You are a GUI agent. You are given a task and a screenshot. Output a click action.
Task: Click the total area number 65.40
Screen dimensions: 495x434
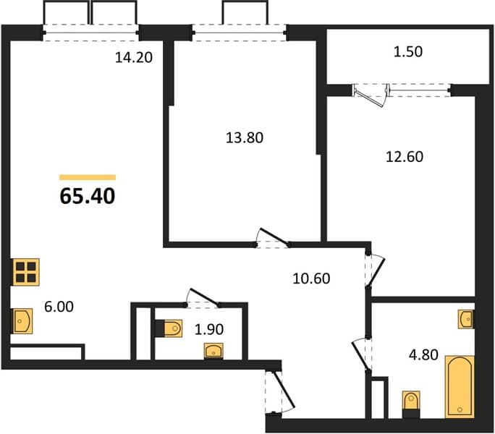[88, 196]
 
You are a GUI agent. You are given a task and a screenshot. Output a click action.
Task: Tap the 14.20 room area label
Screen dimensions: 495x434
[134, 57]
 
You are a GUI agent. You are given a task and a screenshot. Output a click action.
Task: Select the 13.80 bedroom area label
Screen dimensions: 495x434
[245, 138]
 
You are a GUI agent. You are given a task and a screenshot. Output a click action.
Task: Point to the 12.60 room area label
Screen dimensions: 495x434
[405, 157]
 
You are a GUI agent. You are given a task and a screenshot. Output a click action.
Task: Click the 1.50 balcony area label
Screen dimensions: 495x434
[408, 52]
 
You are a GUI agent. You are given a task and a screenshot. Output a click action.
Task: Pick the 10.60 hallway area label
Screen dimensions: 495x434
[311, 278]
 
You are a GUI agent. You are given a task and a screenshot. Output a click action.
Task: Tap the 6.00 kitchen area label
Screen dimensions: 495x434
[59, 307]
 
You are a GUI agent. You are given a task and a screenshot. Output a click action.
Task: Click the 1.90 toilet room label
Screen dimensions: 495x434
[209, 330]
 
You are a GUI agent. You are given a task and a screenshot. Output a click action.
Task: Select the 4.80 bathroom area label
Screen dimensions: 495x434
[423, 354]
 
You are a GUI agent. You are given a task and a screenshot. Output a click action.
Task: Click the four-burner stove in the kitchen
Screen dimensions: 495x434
[26, 272]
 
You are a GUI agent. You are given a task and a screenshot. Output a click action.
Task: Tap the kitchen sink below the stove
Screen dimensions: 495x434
[22, 321]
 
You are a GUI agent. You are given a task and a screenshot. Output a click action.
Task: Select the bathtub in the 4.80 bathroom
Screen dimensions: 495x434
[460, 387]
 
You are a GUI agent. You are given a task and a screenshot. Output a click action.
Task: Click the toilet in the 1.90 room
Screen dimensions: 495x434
[169, 328]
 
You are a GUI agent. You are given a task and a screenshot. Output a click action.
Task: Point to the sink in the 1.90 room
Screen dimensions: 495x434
[213, 351]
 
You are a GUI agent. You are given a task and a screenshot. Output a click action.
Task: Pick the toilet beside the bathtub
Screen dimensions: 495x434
[411, 404]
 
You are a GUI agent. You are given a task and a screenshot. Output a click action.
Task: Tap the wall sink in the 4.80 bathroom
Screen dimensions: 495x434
[466, 319]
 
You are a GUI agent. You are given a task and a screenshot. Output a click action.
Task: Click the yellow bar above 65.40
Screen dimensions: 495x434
[88, 177]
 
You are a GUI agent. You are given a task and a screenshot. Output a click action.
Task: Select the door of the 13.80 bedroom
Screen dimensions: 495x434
[273, 238]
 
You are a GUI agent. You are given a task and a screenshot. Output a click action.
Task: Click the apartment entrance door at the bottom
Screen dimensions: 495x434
[281, 392]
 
